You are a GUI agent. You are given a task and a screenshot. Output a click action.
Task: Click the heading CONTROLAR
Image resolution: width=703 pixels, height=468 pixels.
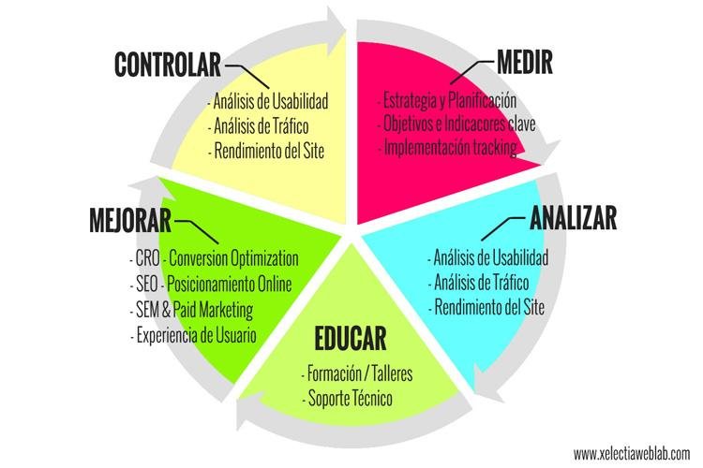(167, 64)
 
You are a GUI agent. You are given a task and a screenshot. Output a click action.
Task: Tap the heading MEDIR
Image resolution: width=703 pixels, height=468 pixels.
(516, 64)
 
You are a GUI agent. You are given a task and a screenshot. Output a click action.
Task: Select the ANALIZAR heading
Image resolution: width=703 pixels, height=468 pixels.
(573, 218)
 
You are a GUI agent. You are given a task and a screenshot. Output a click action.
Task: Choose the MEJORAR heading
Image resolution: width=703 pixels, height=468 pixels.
(131, 222)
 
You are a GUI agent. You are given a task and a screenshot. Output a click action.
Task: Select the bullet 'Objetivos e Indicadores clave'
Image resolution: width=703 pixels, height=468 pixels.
(459, 124)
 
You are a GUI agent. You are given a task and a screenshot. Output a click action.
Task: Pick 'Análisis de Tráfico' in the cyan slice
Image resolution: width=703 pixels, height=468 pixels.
(480, 282)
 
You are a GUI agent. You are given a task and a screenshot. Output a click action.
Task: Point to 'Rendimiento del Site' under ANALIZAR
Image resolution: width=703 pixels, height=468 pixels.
(486, 305)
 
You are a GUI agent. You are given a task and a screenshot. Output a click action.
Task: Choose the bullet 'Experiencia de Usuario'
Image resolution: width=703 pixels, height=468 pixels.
(196, 334)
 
